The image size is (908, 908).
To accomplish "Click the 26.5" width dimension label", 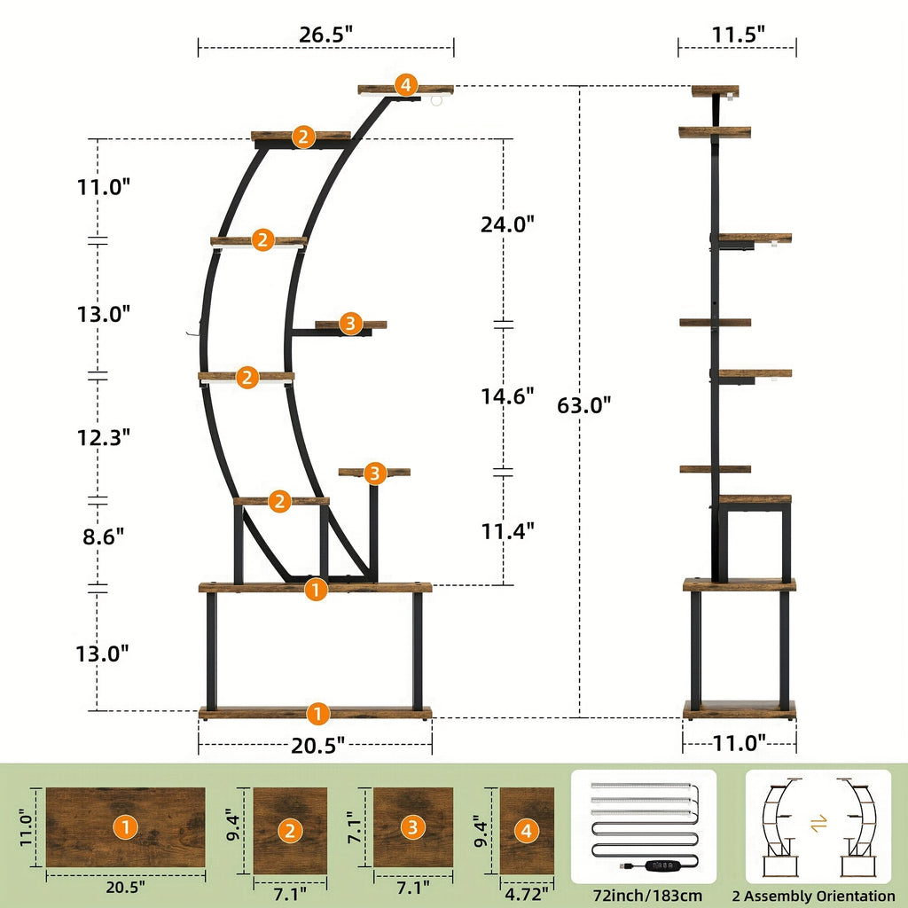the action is pyautogui.click(x=325, y=35).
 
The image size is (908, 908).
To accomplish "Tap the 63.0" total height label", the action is pyautogui.click(x=583, y=404).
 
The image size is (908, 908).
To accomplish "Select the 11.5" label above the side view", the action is pyautogui.click(x=739, y=35).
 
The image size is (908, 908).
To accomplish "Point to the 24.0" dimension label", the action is pyautogui.click(x=507, y=223).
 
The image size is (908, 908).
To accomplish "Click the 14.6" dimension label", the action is pyautogui.click(x=507, y=396).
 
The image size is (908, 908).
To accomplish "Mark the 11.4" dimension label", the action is pyautogui.click(x=508, y=530).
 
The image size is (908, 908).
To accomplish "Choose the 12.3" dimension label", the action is pyautogui.click(x=104, y=437).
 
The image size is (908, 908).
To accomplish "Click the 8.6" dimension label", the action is pyautogui.click(x=103, y=536).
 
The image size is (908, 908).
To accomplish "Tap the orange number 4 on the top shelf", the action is pyautogui.click(x=406, y=85).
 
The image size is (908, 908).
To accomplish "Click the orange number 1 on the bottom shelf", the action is pyautogui.click(x=317, y=714).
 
